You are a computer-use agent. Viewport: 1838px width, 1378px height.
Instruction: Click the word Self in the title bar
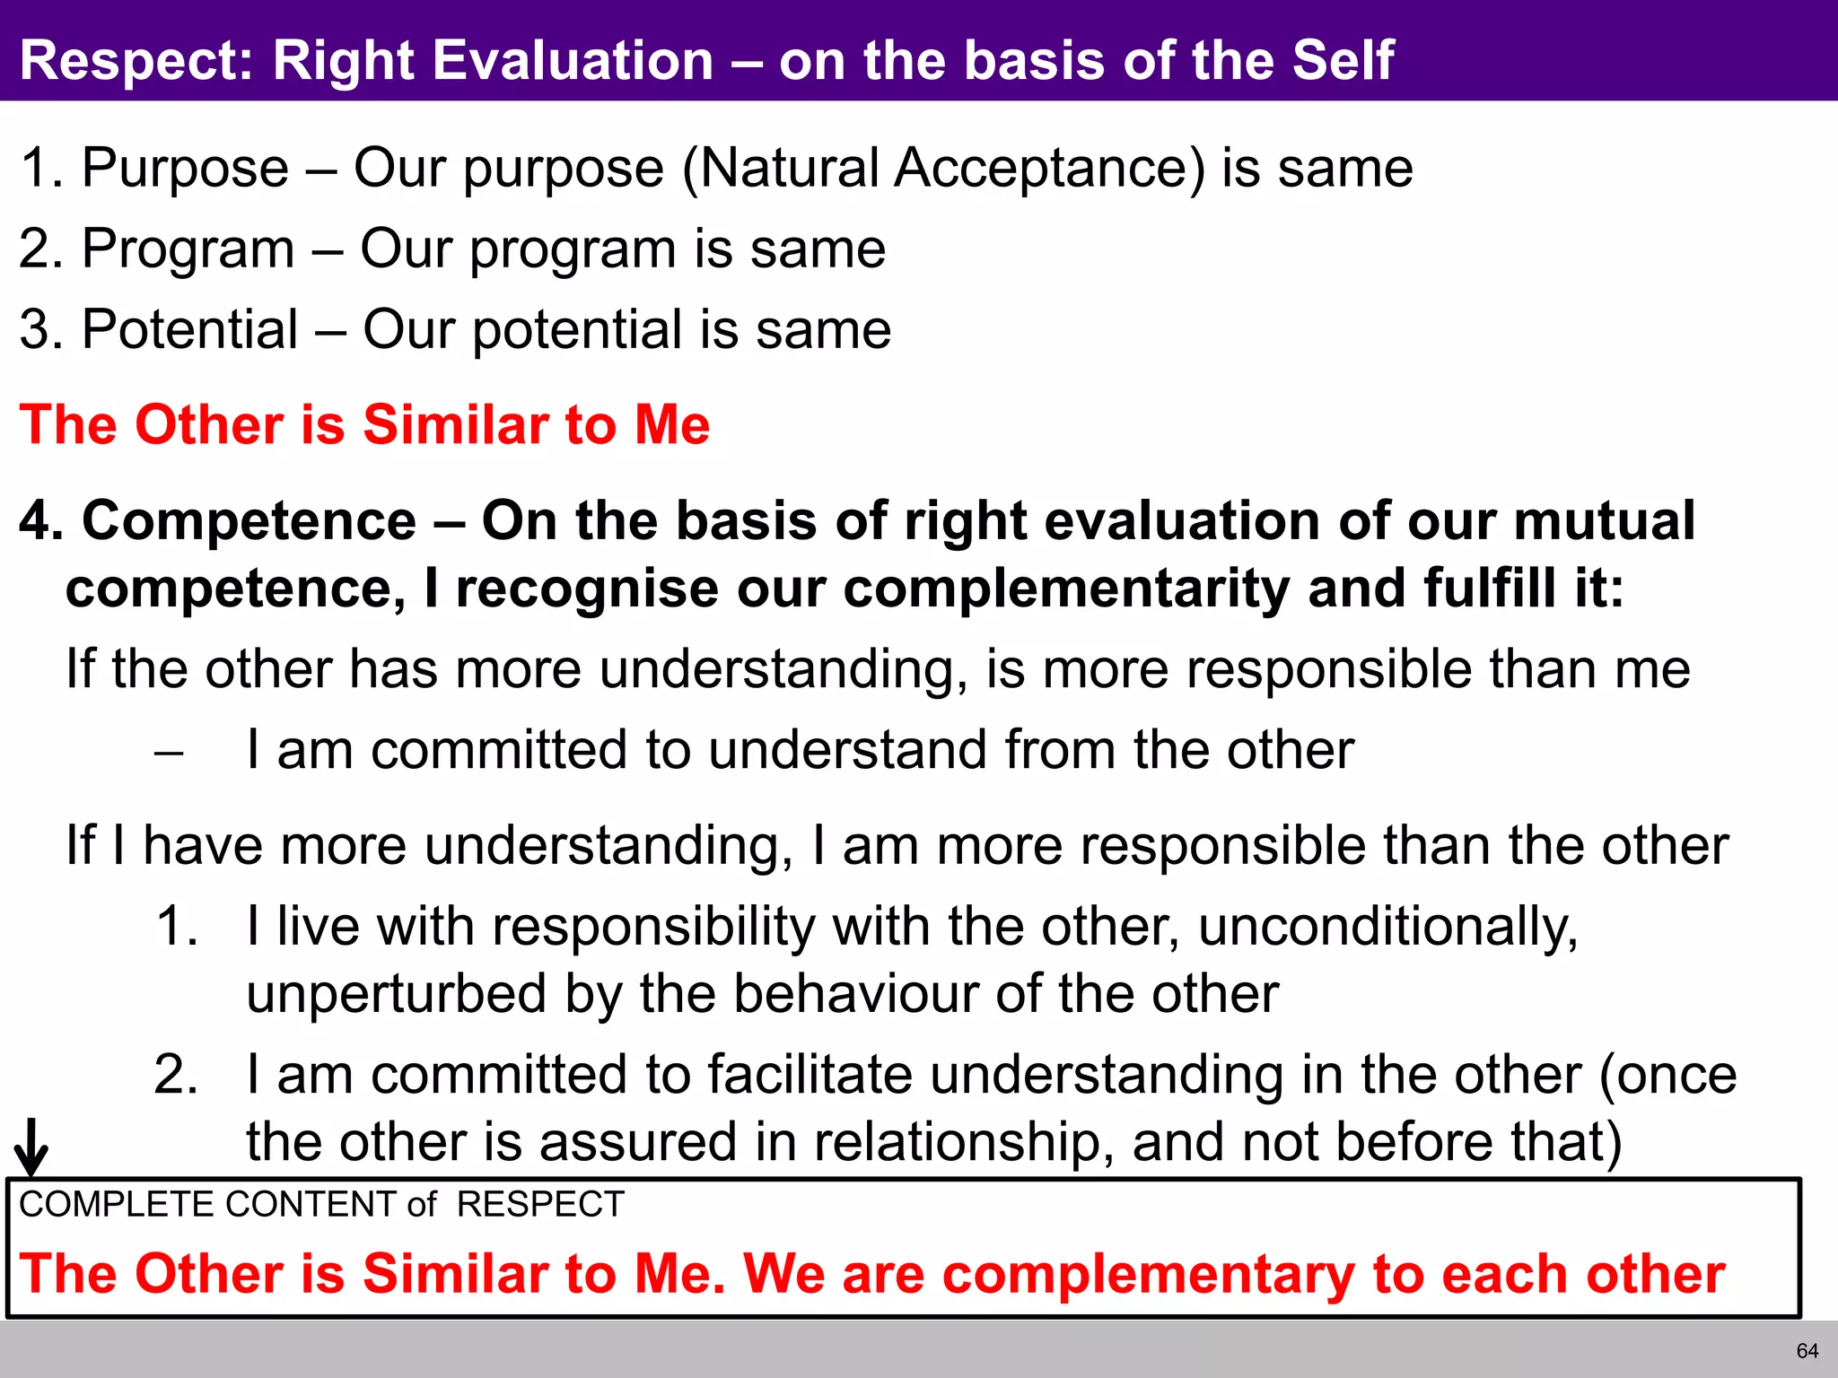(x=1343, y=60)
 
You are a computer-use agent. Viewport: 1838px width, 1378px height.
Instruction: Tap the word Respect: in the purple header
(x=136, y=60)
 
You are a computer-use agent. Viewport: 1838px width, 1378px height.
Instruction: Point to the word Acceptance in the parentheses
(x=1050, y=168)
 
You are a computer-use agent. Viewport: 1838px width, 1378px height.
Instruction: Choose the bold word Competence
(x=249, y=520)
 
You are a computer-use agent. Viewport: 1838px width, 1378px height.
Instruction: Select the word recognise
(x=587, y=589)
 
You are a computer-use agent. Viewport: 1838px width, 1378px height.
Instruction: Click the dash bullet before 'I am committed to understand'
(x=169, y=752)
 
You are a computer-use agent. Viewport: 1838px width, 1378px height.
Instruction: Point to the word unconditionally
(x=1387, y=926)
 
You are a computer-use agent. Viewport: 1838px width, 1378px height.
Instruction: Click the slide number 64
(x=1807, y=1351)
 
